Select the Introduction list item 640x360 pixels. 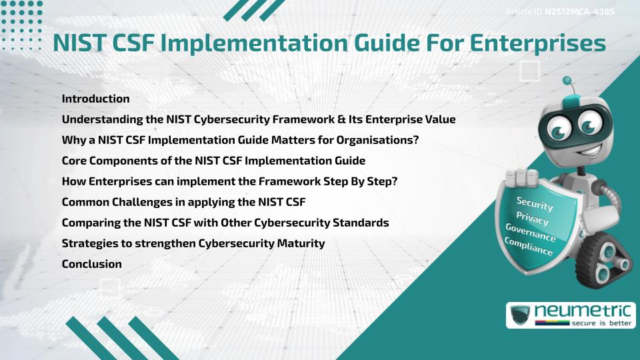click(95, 99)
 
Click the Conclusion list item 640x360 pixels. click(91, 264)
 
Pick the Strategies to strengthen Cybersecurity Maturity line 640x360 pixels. click(193, 243)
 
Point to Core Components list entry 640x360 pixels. click(213, 161)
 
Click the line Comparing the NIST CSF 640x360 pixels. click(225, 223)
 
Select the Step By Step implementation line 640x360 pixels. click(229, 181)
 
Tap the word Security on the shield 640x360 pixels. click(535, 204)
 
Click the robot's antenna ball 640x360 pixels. click(567, 81)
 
